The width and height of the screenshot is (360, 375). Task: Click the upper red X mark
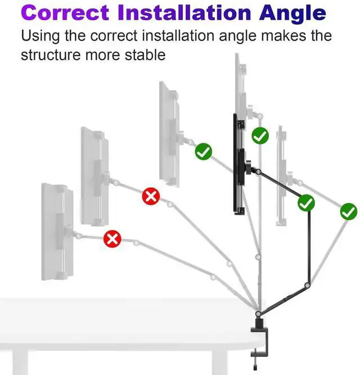pyautogui.click(x=151, y=196)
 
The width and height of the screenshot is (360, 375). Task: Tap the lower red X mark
pyautogui.click(x=112, y=240)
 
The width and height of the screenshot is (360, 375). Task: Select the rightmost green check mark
pyautogui.click(x=348, y=211)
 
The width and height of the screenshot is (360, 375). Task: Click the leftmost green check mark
pyautogui.click(x=203, y=151)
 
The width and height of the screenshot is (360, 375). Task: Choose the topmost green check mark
pyautogui.click(x=260, y=135)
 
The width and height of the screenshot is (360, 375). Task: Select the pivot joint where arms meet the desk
pyautogui.click(x=258, y=312)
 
